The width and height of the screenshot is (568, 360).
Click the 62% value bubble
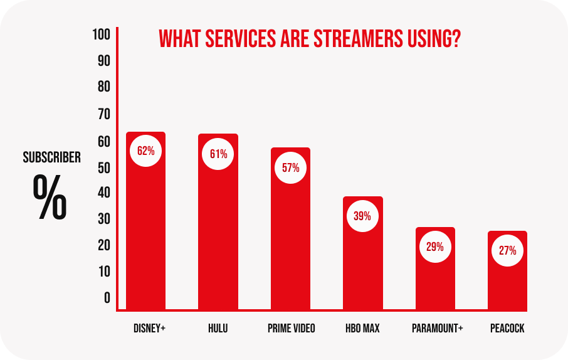click(145, 151)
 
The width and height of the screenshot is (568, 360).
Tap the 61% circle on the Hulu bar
click(218, 154)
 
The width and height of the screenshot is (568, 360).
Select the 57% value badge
click(290, 168)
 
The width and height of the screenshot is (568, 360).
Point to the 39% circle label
click(362, 216)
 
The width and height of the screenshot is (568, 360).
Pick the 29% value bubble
click(435, 246)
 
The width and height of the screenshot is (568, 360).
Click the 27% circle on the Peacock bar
click(507, 251)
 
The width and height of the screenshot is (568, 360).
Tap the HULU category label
click(218, 329)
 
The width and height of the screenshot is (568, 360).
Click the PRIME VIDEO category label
click(291, 329)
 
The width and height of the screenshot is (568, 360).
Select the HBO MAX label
click(362, 329)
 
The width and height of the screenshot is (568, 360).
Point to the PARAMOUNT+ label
click(437, 329)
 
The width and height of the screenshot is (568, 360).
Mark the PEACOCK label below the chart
click(508, 329)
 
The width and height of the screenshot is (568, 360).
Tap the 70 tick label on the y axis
click(103, 114)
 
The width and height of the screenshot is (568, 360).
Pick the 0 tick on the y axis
click(107, 297)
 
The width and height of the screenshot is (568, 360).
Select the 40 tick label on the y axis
click(103, 193)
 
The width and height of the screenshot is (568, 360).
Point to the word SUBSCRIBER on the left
click(52, 157)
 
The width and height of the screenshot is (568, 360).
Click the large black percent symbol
click(50, 196)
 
